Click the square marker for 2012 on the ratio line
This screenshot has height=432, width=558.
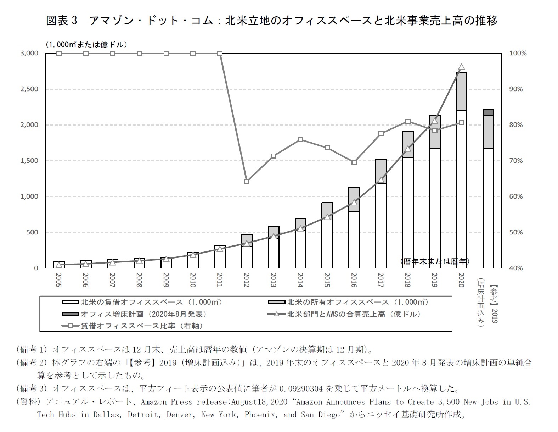pos(247,181)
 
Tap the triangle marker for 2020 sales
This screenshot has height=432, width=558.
pos(461,67)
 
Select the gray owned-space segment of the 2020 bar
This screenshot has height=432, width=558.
pos(461,92)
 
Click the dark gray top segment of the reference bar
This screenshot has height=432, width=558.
pos(488,112)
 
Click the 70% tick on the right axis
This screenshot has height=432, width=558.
pos(515,161)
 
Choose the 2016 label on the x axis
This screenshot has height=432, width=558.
pos(354,280)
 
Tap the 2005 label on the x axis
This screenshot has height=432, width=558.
pos(59,280)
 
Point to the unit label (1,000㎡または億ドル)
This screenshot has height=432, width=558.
pos(86,45)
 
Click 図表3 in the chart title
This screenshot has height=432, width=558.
pos(62,21)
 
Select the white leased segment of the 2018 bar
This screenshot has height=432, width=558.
pos(408,213)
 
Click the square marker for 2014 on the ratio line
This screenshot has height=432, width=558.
pos(300,140)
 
